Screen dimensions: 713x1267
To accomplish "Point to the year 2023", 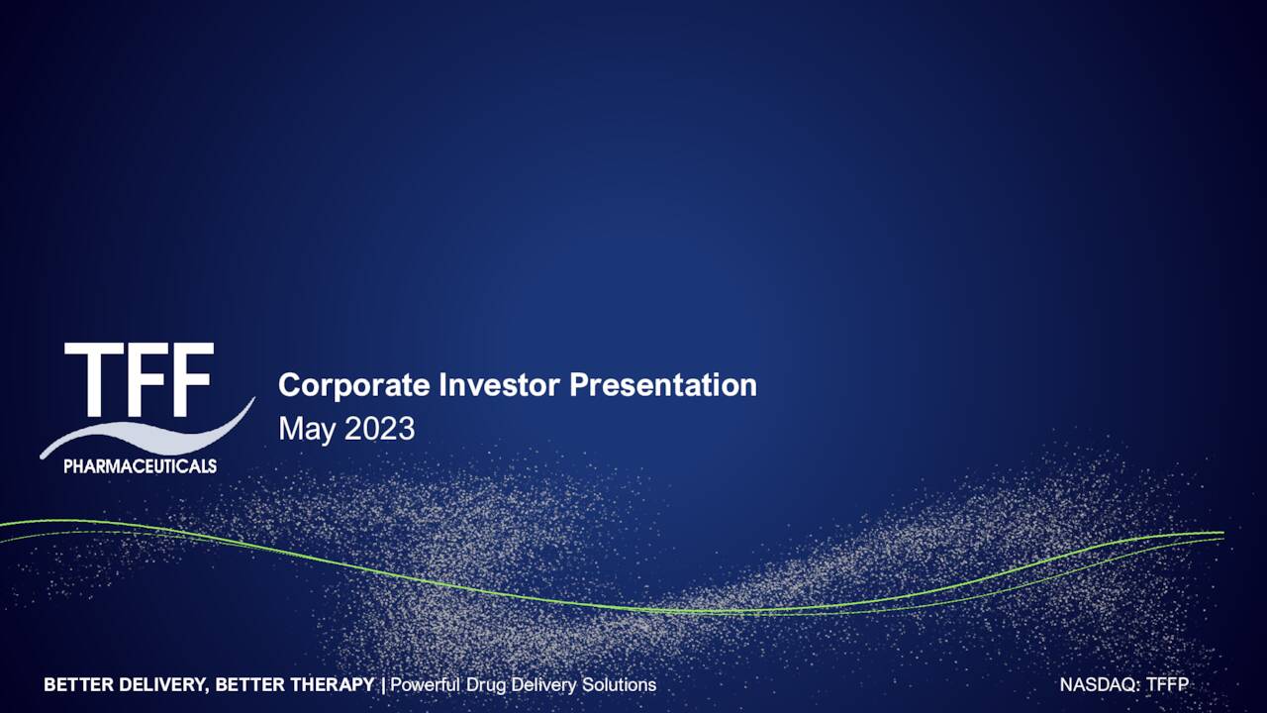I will click(x=379, y=429).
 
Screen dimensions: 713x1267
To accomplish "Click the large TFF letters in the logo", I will click(x=139, y=380).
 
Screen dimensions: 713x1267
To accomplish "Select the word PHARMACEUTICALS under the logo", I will click(x=140, y=466).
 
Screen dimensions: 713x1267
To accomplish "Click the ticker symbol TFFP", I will click(x=1167, y=685).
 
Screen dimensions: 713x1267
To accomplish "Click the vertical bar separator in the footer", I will click(x=383, y=685).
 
